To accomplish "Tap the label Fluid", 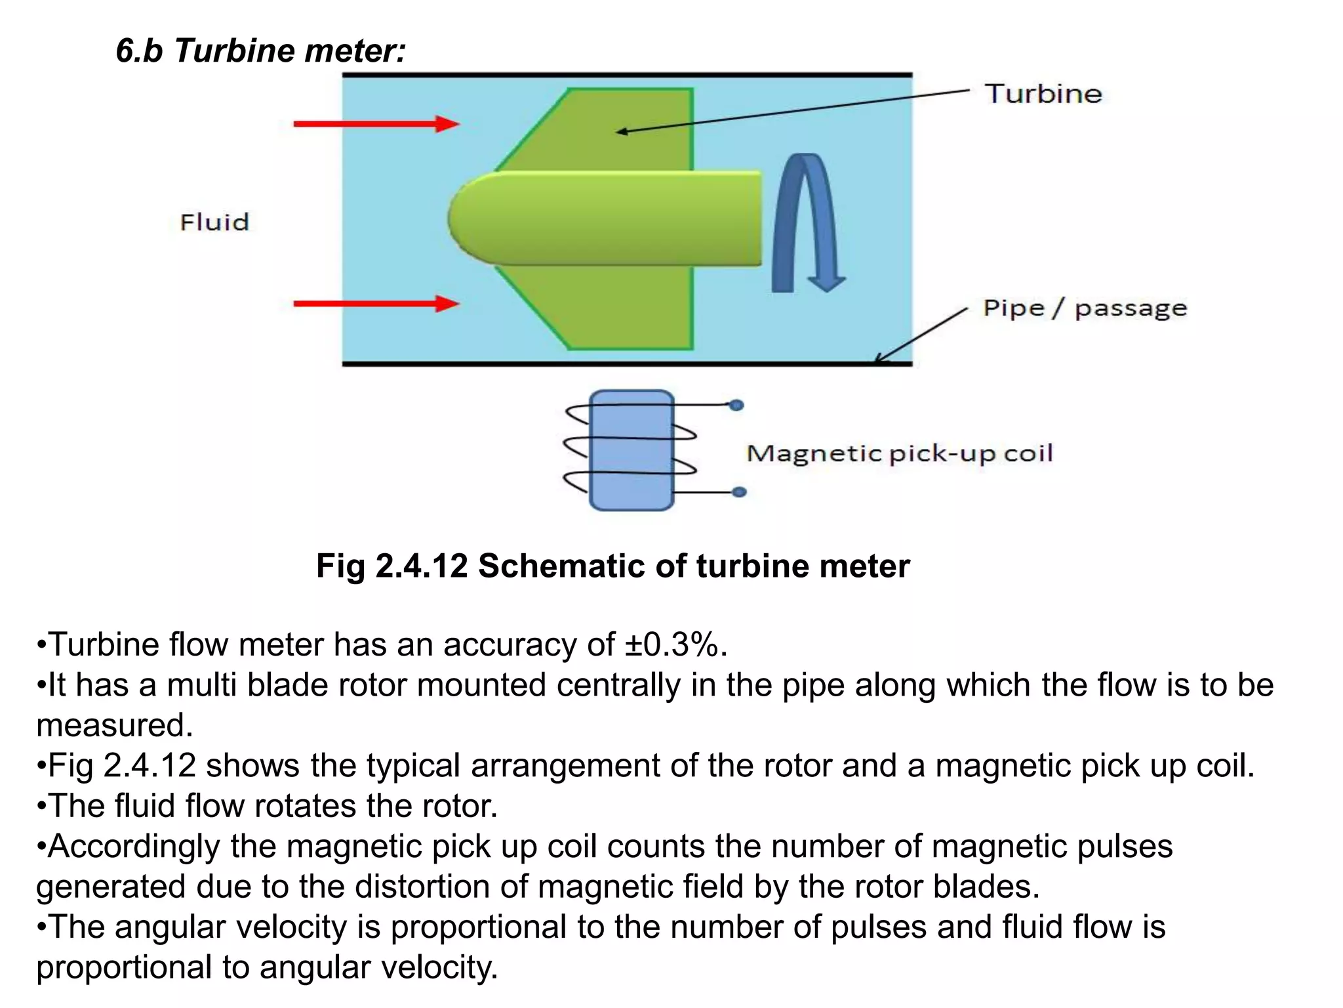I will (214, 222).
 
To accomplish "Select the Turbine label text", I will (1043, 94).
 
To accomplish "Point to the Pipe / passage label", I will (1085, 308).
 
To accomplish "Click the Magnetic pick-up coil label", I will (899, 453).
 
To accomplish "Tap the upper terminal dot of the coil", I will (736, 406).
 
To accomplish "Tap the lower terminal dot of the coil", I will (739, 492).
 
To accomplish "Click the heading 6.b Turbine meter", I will (261, 51).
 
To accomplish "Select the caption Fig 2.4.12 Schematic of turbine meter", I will (612, 566).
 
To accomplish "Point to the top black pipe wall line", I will (626, 75).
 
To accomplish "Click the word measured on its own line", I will (115, 726).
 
